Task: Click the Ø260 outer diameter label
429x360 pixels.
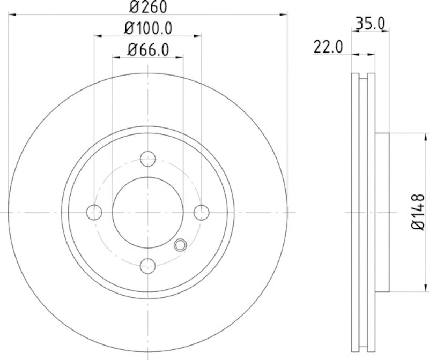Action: (147, 7)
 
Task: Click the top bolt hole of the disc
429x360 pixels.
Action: (147, 159)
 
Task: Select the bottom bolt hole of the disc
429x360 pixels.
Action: (147, 265)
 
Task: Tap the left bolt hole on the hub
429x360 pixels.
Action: (94, 212)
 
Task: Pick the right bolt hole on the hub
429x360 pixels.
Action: (201, 212)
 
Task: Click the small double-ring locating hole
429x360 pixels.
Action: (181, 245)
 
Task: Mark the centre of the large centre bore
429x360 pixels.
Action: (147, 212)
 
